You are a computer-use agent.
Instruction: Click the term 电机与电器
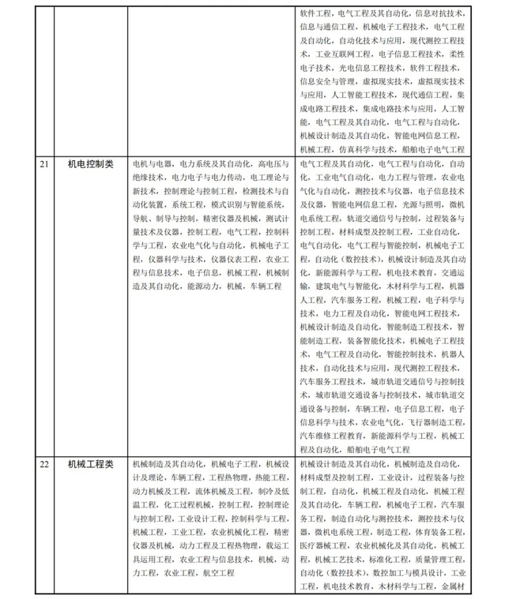150,163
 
